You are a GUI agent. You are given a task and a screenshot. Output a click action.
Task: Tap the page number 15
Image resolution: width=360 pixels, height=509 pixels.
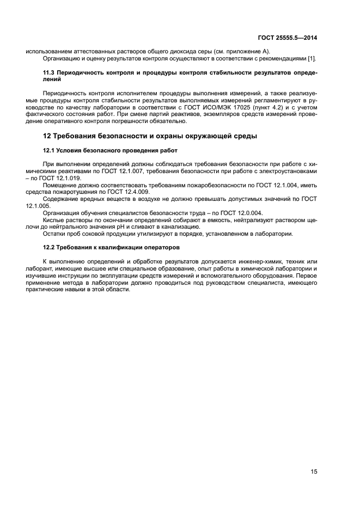[314, 471]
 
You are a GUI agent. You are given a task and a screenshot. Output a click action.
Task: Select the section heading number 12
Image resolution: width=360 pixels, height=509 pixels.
[47, 136]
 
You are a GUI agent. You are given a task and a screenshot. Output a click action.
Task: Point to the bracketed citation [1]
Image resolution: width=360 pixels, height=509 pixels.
[313, 58]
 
